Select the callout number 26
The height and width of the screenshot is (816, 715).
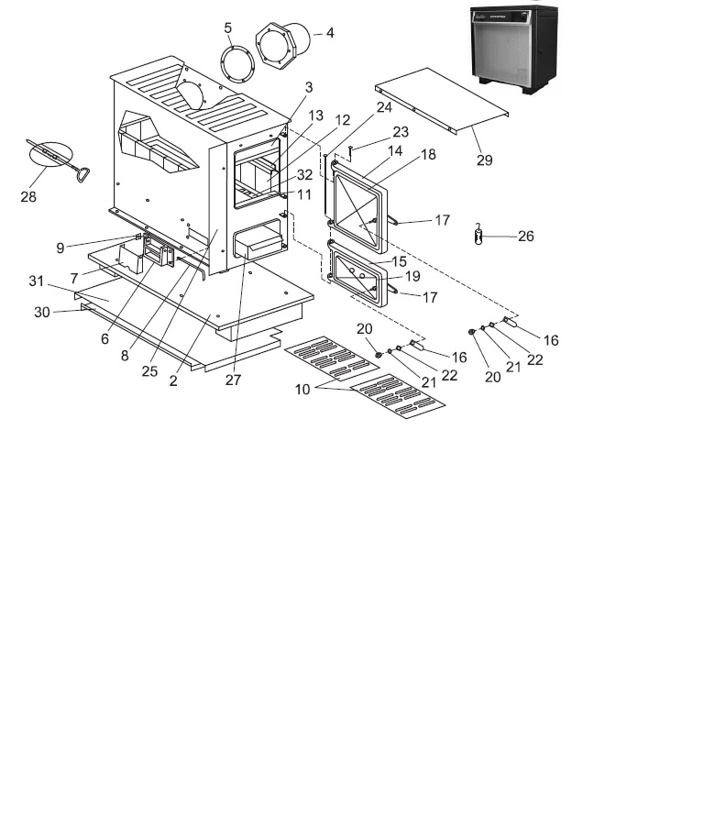pyautogui.click(x=525, y=236)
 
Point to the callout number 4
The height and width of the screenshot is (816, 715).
pyautogui.click(x=329, y=32)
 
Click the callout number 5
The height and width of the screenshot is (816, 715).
pyautogui.click(x=228, y=28)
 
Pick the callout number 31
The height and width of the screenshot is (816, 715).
pyautogui.click(x=36, y=281)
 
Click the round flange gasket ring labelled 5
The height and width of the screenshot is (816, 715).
pyautogui.click(x=239, y=65)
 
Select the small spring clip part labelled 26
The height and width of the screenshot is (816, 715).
pyautogui.click(x=478, y=235)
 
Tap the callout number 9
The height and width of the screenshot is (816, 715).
pyautogui.click(x=60, y=247)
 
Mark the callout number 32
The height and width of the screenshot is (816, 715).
pyautogui.click(x=305, y=173)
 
